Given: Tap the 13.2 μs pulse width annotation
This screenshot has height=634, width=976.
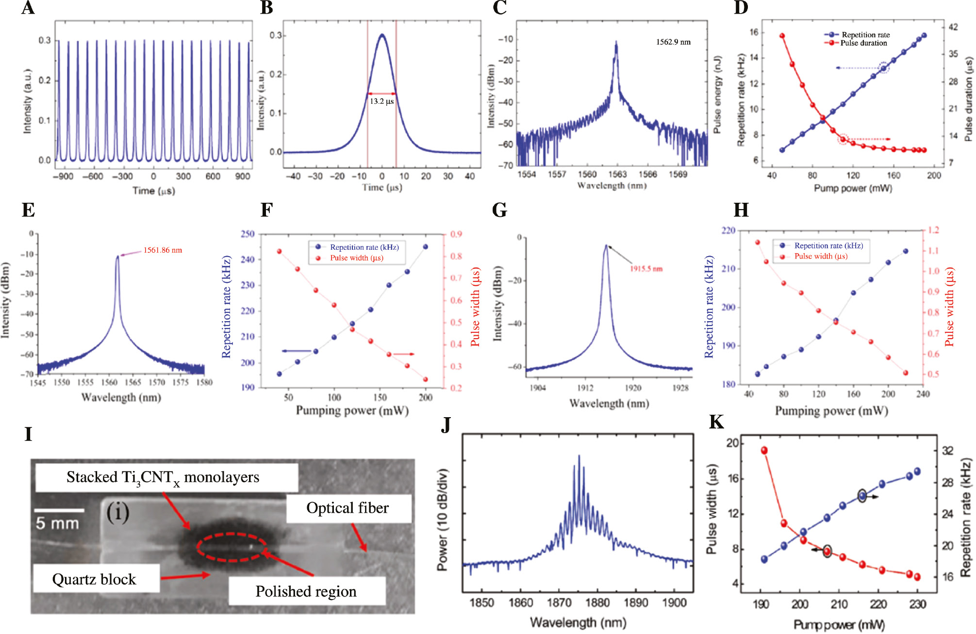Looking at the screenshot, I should click(x=381, y=101).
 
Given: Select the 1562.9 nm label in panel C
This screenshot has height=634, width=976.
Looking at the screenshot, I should click(x=673, y=42).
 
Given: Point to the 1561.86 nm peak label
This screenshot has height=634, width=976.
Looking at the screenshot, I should click(x=163, y=250).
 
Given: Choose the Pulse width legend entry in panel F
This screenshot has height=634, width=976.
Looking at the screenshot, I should click(x=356, y=258).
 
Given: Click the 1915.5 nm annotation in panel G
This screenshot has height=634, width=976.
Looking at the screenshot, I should click(x=646, y=269).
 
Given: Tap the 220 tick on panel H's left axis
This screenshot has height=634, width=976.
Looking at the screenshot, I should click(x=728, y=230).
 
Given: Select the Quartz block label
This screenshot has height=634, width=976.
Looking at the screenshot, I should click(x=94, y=579).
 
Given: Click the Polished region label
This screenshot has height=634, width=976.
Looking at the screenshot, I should click(x=306, y=591).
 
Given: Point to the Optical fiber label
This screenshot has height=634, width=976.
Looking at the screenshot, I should click(x=347, y=508).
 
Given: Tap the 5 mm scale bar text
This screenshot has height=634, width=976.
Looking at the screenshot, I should click(x=57, y=523).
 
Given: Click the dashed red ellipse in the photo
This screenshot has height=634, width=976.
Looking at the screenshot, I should click(x=232, y=547).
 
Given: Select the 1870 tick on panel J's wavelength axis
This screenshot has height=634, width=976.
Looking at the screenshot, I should click(x=559, y=603).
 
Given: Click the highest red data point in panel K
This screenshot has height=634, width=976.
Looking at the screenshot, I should click(x=764, y=451).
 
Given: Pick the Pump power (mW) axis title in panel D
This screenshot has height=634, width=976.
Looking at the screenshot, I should click(x=853, y=188).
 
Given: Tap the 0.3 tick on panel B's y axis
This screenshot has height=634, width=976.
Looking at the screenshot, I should click(x=276, y=35).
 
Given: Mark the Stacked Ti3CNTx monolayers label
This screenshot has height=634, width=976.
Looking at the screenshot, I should click(x=163, y=477).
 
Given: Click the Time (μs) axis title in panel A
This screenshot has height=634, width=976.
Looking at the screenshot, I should click(x=153, y=191).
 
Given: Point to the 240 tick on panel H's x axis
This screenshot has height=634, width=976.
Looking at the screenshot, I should click(x=923, y=394).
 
